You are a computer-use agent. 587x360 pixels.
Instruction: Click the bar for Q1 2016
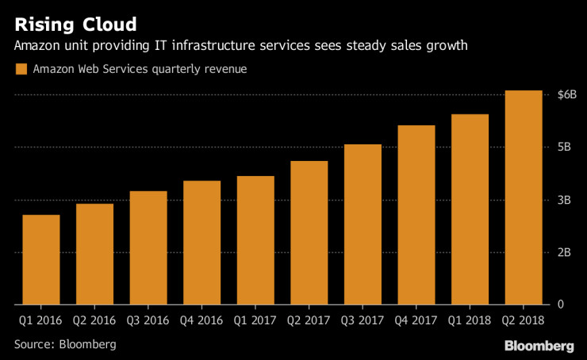[x=41, y=259]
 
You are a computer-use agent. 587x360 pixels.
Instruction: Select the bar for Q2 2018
[x=524, y=197]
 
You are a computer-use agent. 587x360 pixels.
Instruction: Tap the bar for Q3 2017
[x=363, y=224]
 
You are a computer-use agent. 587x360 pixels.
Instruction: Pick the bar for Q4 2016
[x=201, y=243]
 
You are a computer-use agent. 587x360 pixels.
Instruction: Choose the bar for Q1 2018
[x=470, y=209]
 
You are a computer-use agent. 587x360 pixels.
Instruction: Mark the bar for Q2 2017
[x=309, y=232]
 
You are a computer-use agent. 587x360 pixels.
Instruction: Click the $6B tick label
[x=567, y=95]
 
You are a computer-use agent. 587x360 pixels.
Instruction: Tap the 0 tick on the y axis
[x=561, y=304]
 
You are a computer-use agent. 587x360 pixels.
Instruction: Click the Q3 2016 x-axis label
[x=148, y=321]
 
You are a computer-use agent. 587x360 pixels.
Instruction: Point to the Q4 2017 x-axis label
[x=416, y=321]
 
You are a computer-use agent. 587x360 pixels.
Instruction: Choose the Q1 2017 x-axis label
[x=255, y=321]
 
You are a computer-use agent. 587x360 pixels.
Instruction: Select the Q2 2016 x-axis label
[x=94, y=321]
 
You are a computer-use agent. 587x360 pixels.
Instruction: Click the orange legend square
[x=21, y=70]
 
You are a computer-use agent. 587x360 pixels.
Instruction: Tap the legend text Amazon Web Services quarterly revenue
[x=140, y=70]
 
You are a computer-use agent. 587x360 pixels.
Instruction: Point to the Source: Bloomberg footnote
[x=65, y=344]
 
